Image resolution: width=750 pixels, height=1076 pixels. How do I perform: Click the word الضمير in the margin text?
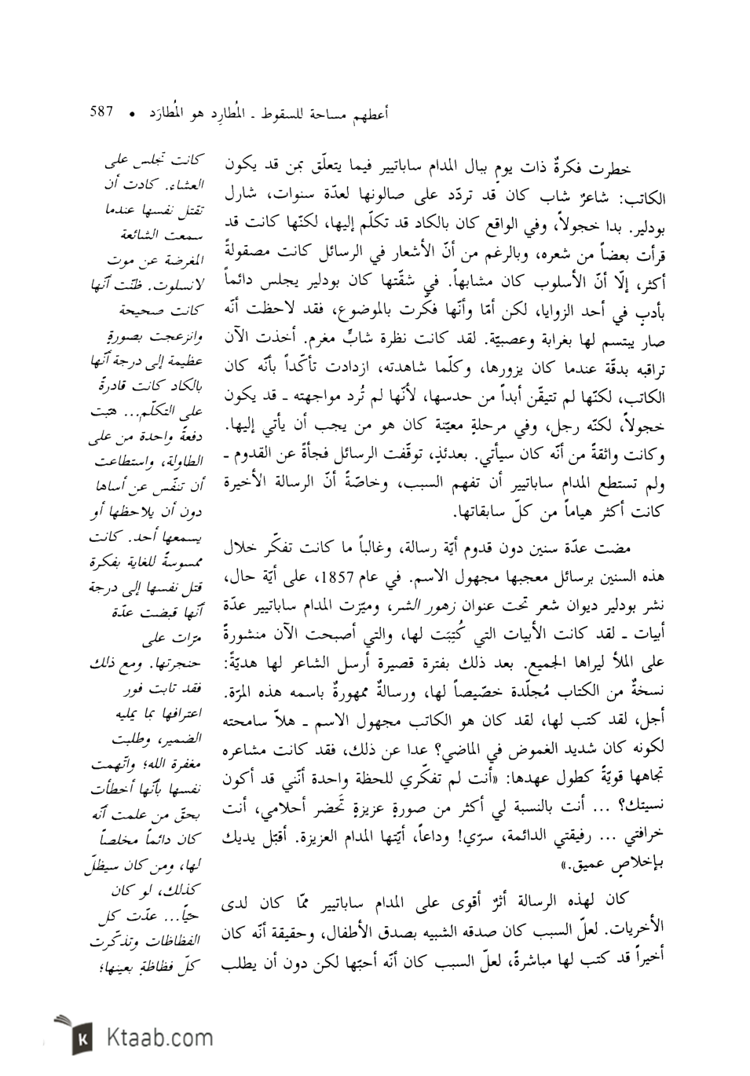[x=181, y=741]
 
